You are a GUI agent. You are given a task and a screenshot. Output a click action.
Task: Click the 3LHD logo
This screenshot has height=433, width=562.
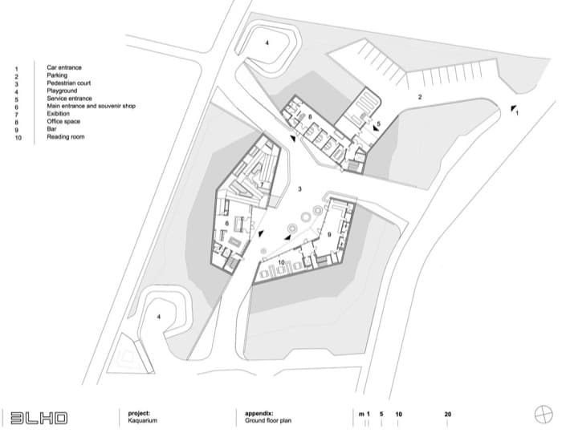39,418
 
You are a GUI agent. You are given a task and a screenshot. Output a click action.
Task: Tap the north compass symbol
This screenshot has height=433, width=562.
544,415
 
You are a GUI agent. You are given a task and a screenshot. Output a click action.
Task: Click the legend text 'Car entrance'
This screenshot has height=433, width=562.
64,67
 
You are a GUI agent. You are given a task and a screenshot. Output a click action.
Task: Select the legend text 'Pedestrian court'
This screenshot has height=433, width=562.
69,83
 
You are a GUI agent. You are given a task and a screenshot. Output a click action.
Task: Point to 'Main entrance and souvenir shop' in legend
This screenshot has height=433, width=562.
91,106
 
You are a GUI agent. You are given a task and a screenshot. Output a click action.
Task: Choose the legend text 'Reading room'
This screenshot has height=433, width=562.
66,136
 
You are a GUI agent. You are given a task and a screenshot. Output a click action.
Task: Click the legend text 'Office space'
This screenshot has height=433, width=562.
63,121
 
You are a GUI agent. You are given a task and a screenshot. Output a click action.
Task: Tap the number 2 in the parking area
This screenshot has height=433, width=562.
420,97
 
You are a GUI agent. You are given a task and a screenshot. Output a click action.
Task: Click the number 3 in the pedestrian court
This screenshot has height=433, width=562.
300,189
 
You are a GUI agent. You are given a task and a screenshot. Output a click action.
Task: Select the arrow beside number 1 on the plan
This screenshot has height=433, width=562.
514,108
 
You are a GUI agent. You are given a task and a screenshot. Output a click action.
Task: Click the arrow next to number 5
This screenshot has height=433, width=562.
376,127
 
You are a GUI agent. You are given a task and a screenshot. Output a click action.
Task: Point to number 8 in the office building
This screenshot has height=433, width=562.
310,116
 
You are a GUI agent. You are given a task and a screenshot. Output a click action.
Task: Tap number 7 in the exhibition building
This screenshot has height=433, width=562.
262,184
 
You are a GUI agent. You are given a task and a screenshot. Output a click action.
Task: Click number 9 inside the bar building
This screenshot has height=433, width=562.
329,235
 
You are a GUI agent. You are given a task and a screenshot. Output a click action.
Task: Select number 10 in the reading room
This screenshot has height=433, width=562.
281,262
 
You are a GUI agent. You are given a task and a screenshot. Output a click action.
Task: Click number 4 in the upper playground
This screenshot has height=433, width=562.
267,43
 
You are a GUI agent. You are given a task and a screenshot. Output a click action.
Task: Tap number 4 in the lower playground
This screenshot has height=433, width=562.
159,317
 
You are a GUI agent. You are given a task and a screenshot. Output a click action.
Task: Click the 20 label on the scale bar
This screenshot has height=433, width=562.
448,414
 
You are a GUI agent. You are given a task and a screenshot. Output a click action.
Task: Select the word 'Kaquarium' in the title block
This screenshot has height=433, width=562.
143,420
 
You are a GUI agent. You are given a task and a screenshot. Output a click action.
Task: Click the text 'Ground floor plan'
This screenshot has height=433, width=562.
268,420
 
